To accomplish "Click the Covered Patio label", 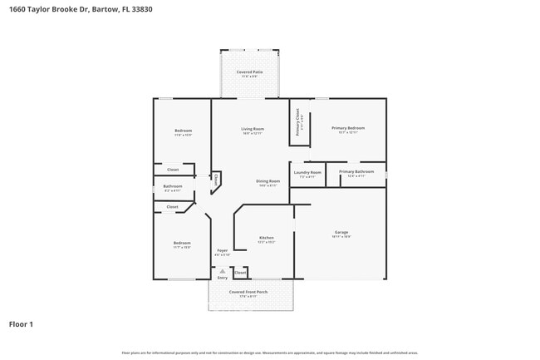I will coord(250,72).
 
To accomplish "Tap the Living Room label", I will coord(253,129).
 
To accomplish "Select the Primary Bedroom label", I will coord(348,128).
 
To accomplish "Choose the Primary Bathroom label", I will coord(356,171).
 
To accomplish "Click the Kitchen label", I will coord(266,238).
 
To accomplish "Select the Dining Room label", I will coord(268,181).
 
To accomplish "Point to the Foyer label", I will coord(223,250).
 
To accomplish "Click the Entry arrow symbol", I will coord(222,270).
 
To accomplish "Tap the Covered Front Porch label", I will coord(249,293).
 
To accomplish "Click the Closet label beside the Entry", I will coord(240,272).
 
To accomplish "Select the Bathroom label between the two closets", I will coord(172,186).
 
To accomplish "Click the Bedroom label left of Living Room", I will coord(183,131).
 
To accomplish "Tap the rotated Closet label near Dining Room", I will coord(216,178).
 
